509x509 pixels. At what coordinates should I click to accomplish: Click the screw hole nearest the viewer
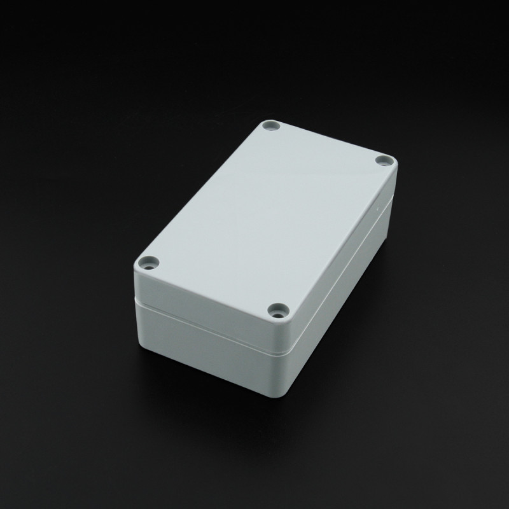pyautogui.click(x=277, y=311)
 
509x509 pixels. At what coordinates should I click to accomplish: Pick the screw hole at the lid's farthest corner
pyautogui.click(x=273, y=125)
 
